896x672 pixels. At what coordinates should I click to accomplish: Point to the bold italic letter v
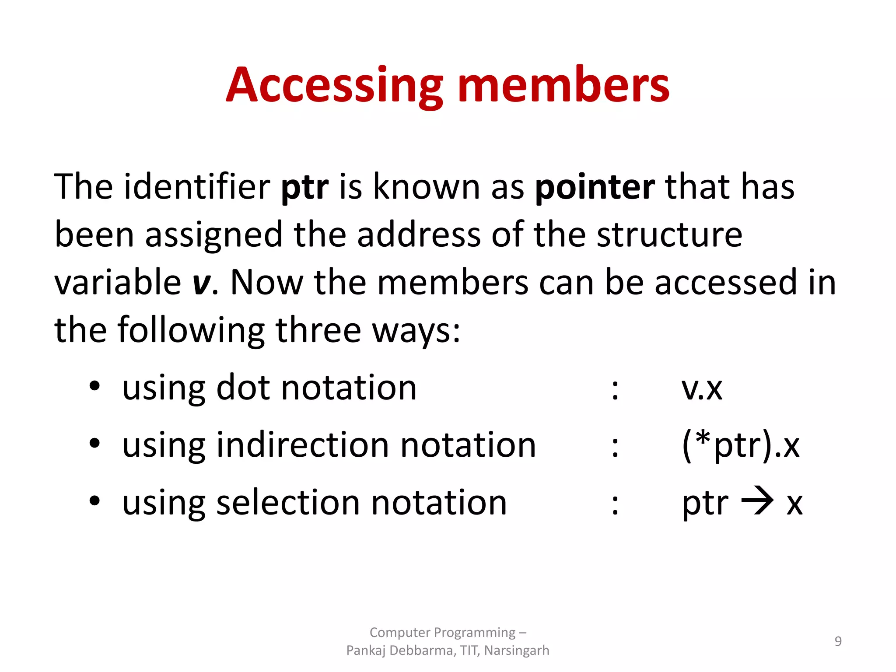(x=201, y=283)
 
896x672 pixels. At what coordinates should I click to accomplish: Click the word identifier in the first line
(x=197, y=187)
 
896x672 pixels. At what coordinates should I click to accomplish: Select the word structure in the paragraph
(x=669, y=235)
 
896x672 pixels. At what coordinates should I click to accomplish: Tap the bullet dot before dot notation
(x=94, y=387)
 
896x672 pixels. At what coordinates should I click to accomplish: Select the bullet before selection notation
(x=94, y=501)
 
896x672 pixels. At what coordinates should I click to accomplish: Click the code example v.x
(x=702, y=388)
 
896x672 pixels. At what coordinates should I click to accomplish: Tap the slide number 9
(x=838, y=641)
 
